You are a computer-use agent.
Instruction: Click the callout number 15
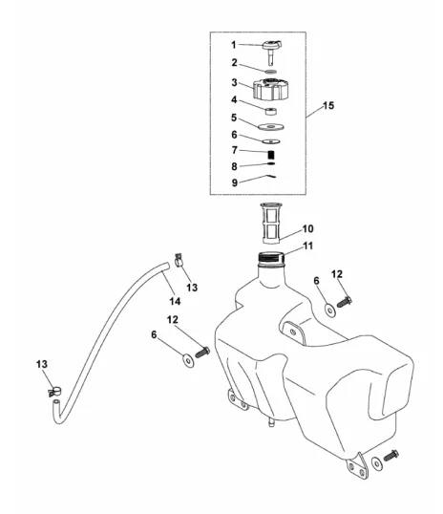328,105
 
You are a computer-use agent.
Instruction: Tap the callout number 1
234,45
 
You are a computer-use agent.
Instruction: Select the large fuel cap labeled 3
270,89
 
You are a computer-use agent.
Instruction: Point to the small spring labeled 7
271,154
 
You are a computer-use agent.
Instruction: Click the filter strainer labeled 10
270,224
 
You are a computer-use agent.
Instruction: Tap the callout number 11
308,246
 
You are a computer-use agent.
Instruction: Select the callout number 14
175,301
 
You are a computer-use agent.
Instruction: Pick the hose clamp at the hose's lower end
55,392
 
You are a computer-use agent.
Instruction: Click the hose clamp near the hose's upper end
179,260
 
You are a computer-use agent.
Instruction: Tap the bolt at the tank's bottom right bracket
390,456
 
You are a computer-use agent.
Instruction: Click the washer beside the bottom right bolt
376,463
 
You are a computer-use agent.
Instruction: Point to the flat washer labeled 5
270,126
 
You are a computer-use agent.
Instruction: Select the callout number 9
234,182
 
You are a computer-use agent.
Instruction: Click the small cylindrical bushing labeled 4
271,112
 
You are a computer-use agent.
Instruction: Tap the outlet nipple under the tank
271,423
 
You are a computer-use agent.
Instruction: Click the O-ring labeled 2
271,72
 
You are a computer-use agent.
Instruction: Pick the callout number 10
307,228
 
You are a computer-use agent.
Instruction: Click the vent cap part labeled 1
272,52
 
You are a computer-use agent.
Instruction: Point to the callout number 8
234,166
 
